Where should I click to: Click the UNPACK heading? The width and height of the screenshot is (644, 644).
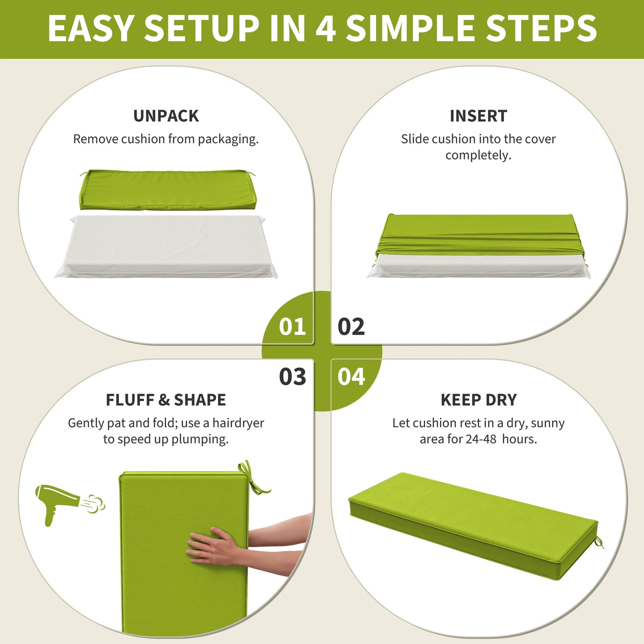(x=166, y=116)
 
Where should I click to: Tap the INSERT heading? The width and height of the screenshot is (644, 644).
(x=478, y=116)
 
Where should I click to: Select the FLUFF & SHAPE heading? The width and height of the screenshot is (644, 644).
(x=166, y=400)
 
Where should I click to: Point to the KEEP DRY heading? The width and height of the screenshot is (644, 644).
(x=479, y=400)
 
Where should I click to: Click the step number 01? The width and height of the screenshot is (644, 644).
(x=292, y=327)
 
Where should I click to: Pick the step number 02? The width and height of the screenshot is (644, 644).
(x=351, y=327)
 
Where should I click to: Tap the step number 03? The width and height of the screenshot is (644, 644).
(x=292, y=377)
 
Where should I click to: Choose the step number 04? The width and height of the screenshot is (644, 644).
(x=351, y=377)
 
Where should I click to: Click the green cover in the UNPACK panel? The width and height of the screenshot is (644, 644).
(x=168, y=190)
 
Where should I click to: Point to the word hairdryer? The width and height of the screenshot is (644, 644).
(x=238, y=423)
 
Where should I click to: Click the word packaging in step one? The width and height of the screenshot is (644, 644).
(x=228, y=139)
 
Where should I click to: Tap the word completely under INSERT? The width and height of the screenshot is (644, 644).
(x=478, y=156)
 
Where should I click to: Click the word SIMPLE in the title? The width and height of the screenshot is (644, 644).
(x=410, y=28)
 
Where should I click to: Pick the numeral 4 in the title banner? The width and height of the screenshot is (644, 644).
(x=325, y=28)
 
